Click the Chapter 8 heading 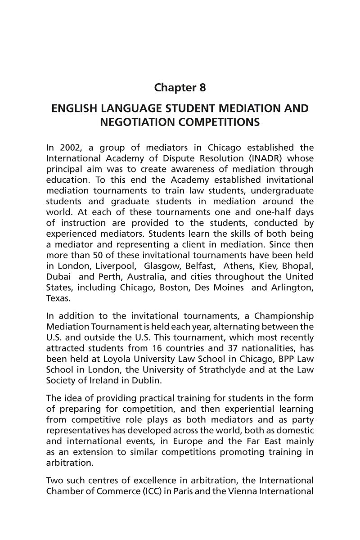[x=180, y=87]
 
